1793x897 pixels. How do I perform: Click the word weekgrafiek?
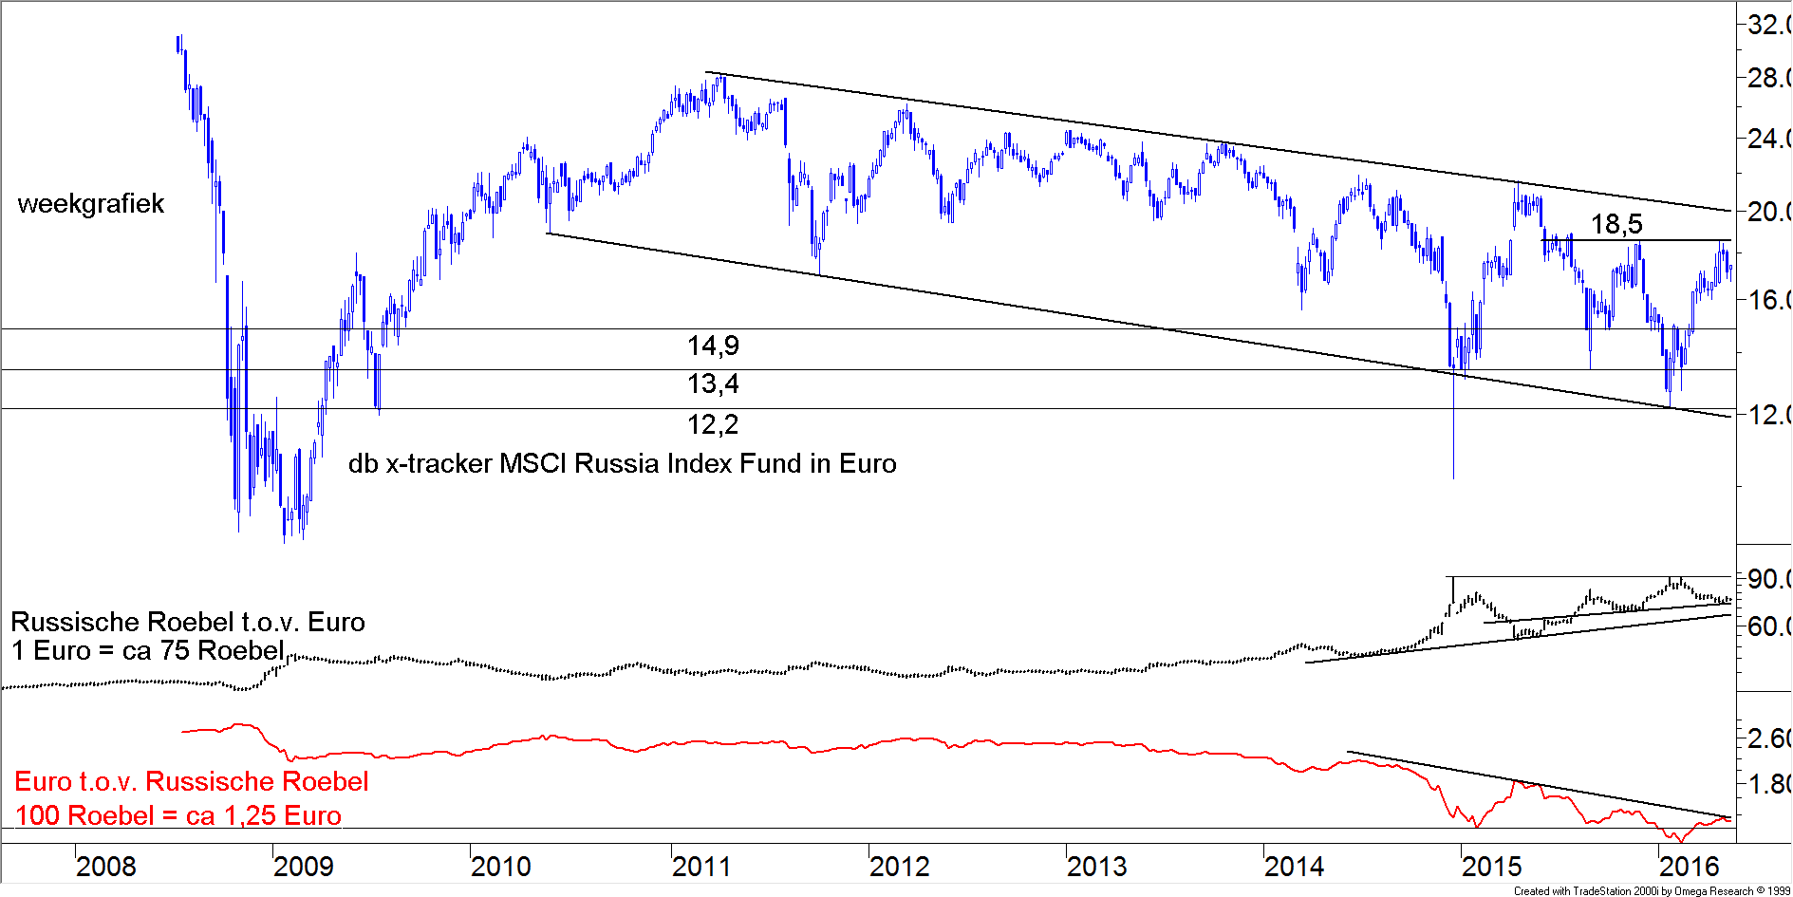[x=91, y=204]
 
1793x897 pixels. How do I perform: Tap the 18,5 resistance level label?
[x=1616, y=225]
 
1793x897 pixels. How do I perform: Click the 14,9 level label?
[x=713, y=346]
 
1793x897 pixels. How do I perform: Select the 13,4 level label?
[x=713, y=384]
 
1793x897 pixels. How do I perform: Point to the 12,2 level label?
[x=713, y=425]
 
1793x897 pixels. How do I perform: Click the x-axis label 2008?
[x=105, y=867]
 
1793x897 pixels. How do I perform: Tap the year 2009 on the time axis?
[x=303, y=867]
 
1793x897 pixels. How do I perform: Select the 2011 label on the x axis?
[x=701, y=867]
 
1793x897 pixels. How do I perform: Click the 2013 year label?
[x=1096, y=867]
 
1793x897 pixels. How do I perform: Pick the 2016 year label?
[x=1689, y=867]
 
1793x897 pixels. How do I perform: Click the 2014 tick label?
[x=1294, y=867]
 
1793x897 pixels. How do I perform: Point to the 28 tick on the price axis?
[x=1768, y=78]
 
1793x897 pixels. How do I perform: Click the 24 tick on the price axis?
[x=1768, y=139]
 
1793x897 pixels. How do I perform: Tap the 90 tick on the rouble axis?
[x=1768, y=579]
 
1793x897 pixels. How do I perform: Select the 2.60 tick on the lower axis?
[x=1768, y=738]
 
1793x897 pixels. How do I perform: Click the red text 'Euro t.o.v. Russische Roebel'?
[x=192, y=781]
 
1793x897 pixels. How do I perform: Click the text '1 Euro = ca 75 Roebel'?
[x=148, y=651]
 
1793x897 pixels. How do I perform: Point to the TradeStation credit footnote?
[x=1652, y=890]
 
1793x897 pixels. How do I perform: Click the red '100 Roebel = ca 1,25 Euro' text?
[x=178, y=815]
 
